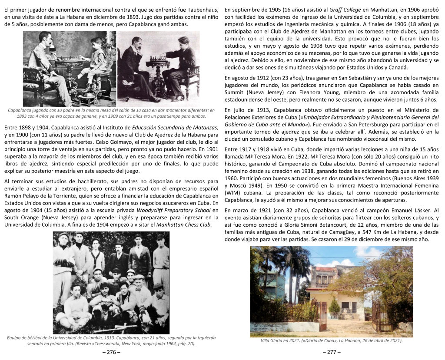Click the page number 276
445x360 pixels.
111,352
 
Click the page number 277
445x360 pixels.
332,352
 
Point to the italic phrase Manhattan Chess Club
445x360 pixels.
179,224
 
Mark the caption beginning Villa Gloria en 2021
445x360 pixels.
331,340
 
